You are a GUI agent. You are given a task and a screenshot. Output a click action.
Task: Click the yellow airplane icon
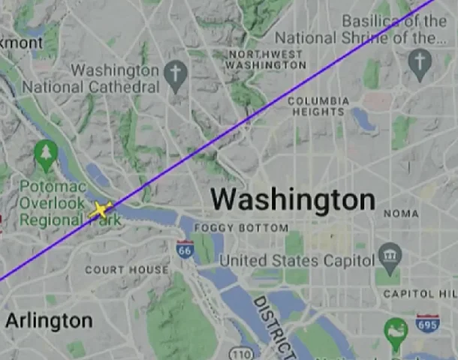(x=100, y=210)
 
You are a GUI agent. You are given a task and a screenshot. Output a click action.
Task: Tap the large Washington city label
(x=292, y=199)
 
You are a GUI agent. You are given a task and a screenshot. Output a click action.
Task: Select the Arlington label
(x=49, y=321)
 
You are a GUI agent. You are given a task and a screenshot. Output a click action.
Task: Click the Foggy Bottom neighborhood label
(x=240, y=227)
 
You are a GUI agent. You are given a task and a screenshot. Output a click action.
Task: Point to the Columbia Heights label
(x=318, y=106)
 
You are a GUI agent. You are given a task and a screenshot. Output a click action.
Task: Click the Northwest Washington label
(x=267, y=59)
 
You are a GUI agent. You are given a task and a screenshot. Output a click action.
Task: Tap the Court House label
(x=126, y=269)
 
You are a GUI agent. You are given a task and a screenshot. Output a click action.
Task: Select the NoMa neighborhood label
(x=401, y=214)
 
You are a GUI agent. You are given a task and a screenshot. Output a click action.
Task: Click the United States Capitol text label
(x=297, y=260)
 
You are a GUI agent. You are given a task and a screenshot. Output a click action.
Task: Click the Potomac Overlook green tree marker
(x=46, y=154)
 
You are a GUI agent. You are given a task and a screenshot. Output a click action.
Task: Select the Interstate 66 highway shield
(x=185, y=250)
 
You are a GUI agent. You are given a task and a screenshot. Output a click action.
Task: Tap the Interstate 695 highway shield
(x=427, y=324)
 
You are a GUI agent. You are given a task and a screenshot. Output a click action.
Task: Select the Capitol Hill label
(x=420, y=293)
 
